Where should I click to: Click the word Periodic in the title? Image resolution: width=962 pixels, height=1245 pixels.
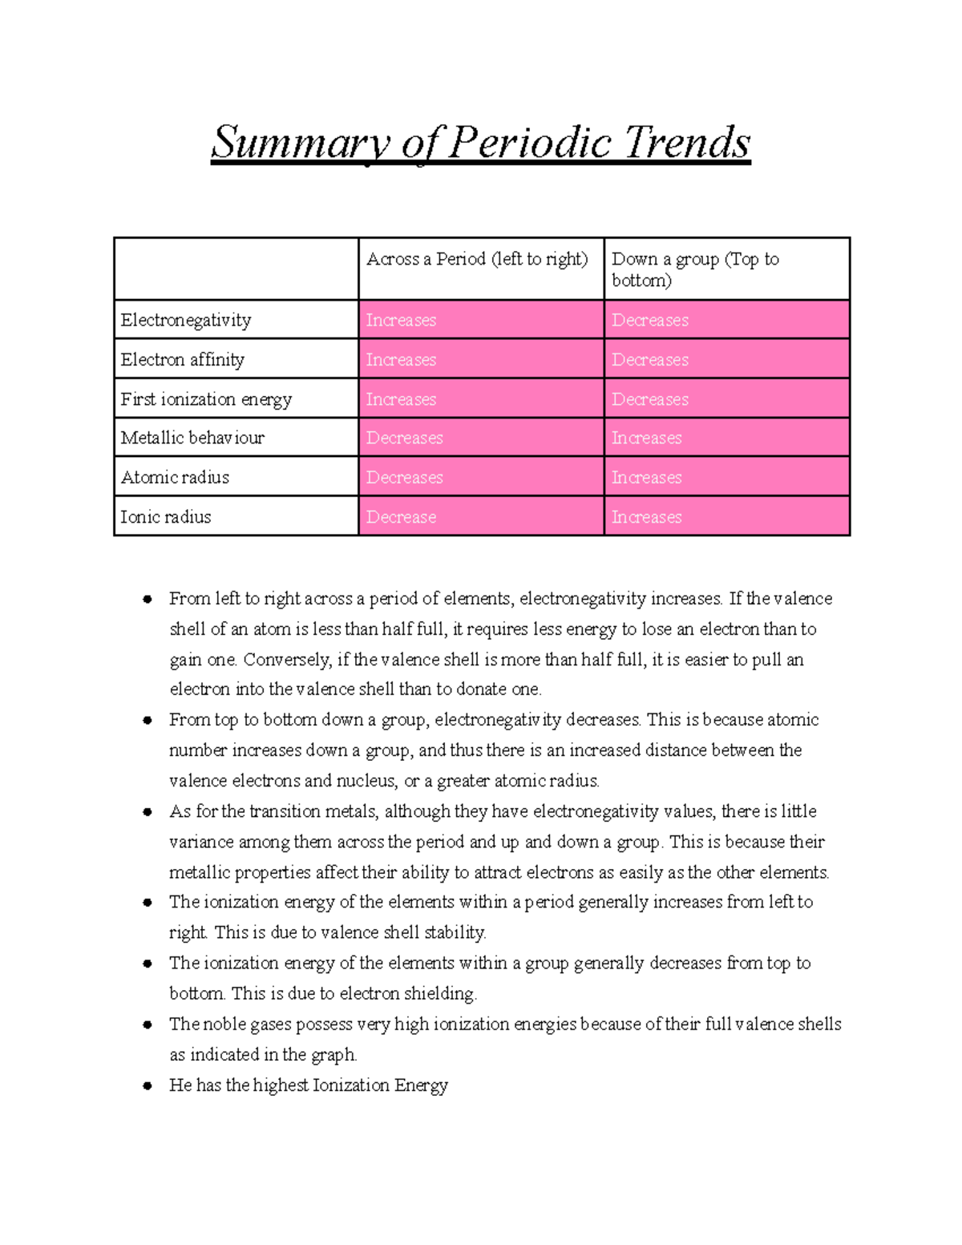pyautogui.click(x=531, y=143)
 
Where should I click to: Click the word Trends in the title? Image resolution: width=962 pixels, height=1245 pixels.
pyautogui.click(x=687, y=143)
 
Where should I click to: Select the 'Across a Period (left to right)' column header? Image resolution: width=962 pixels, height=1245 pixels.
pyautogui.click(x=477, y=259)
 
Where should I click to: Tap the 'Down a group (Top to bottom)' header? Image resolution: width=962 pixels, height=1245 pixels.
pyautogui.click(x=695, y=269)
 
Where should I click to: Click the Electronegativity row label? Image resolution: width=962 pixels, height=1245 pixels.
pyautogui.click(x=186, y=320)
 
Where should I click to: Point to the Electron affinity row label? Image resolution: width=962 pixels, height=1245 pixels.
pyautogui.click(x=183, y=359)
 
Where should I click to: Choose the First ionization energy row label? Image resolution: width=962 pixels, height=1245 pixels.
pyautogui.click(x=206, y=399)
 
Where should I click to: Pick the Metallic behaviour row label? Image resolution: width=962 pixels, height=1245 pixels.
pyautogui.click(x=192, y=438)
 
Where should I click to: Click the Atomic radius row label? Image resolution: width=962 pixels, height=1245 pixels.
pyautogui.click(x=175, y=477)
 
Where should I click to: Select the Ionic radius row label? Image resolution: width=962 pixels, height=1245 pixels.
pyautogui.click(x=166, y=517)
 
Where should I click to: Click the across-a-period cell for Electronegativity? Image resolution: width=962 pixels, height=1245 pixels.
pyautogui.click(x=401, y=320)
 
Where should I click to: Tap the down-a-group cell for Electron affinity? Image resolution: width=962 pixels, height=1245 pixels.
pyautogui.click(x=650, y=359)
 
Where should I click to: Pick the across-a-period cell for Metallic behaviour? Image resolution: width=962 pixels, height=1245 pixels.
pyautogui.click(x=404, y=438)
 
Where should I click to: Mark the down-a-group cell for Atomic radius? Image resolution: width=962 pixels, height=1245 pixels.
pyautogui.click(x=647, y=477)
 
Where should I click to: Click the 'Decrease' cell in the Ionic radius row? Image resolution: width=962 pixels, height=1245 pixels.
pyautogui.click(x=401, y=517)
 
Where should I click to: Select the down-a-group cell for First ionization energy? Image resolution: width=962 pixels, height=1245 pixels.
pyautogui.click(x=650, y=399)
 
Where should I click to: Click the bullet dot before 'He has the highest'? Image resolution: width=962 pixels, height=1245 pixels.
pyautogui.click(x=148, y=1085)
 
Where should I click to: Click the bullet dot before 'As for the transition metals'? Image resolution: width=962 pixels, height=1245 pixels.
pyautogui.click(x=148, y=811)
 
